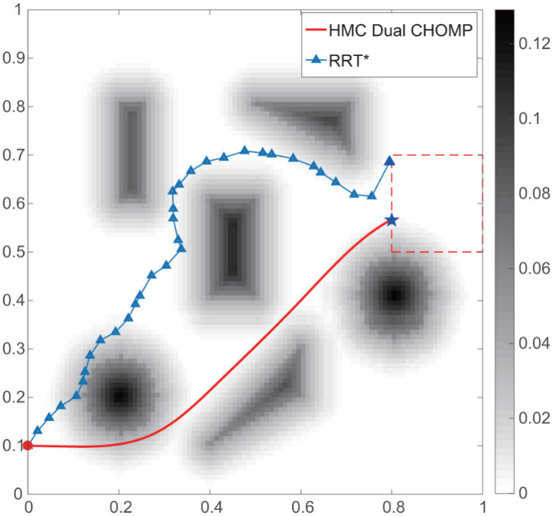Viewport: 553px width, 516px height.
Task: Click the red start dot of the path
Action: click(28, 445)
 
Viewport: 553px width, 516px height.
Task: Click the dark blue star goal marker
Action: click(391, 221)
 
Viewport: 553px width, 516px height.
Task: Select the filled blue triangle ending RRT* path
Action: click(389, 161)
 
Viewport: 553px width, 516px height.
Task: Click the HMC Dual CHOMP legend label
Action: click(401, 30)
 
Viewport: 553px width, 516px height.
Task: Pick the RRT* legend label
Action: click(349, 61)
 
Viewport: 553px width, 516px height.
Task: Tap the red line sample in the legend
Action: click(316, 30)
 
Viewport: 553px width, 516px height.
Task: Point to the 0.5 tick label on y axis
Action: click(13, 252)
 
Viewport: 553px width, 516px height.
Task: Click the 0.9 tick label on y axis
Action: click(13, 58)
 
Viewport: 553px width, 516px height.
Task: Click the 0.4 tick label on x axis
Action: click(211, 507)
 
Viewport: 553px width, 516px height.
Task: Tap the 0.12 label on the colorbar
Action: click(534, 44)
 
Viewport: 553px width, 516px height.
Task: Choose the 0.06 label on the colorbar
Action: click(534, 268)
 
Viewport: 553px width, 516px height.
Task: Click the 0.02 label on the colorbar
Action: click(534, 418)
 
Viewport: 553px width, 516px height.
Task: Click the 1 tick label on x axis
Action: click(483, 507)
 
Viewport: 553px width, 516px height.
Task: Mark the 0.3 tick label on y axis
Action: click(13, 349)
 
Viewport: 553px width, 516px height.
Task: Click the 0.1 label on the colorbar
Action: click(529, 119)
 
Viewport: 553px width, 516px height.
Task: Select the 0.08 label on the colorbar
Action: click(534, 194)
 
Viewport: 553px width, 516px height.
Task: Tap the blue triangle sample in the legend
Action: click(316, 59)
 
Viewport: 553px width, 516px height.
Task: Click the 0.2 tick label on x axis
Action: click(120, 507)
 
